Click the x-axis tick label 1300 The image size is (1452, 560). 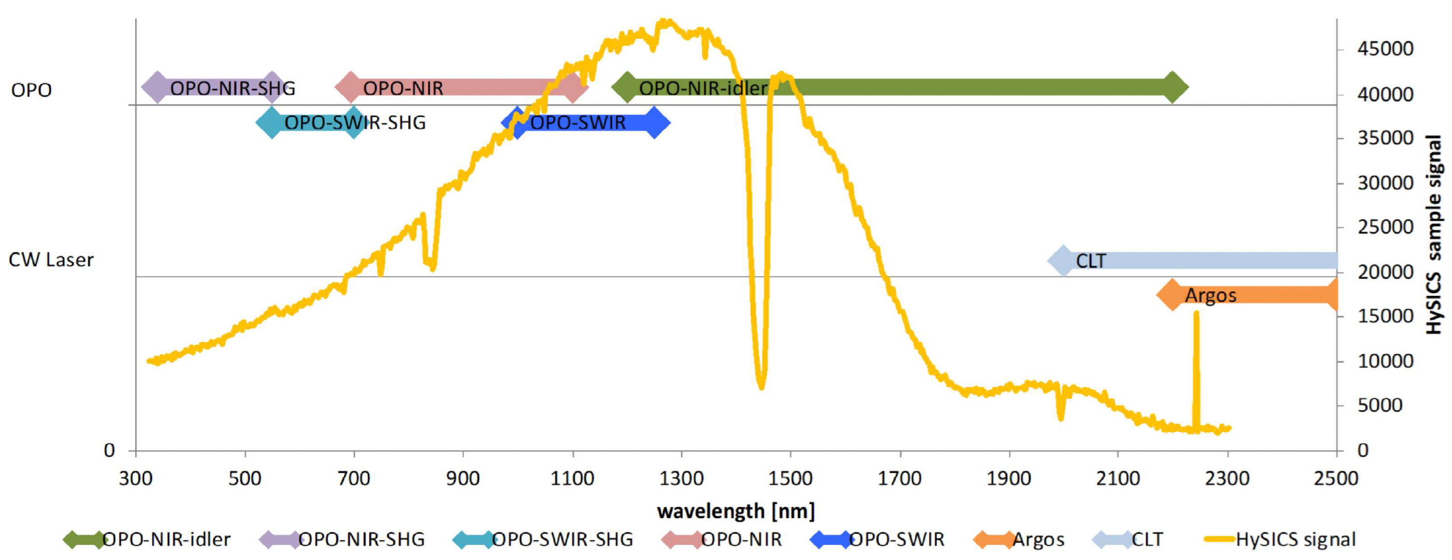[x=681, y=479]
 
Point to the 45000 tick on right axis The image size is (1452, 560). [x=1385, y=49]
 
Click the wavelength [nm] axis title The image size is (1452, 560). [x=736, y=511]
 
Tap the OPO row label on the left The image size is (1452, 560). [x=31, y=90]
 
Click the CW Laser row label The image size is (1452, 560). [x=51, y=260]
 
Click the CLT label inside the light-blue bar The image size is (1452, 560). [x=1091, y=261]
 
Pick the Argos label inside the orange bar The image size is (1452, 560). [x=1210, y=295]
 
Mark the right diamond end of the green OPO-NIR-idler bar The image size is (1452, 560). [x=1172, y=87]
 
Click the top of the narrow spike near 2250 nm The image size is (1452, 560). [x=1196, y=313]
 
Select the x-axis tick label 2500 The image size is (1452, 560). [x=1336, y=479]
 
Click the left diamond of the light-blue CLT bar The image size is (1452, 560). [x=1063, y=261]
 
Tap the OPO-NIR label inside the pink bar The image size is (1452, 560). [x=403, y=88]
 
